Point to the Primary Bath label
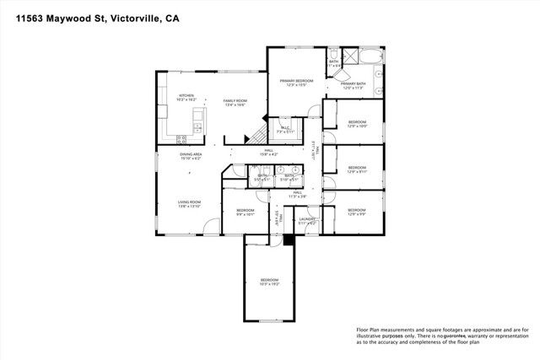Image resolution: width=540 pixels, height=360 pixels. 353,85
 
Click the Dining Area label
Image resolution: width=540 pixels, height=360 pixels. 190,156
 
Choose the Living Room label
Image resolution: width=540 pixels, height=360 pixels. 189,204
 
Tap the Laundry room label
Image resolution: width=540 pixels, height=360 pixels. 308,221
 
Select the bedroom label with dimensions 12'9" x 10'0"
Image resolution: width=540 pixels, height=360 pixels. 357,124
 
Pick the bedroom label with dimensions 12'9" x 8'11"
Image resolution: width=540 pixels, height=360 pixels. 357,169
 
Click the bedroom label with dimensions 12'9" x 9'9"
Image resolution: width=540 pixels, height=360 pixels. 357,212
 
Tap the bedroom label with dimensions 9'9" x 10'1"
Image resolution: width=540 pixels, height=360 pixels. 246,212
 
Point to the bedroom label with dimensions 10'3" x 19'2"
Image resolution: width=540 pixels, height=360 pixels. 269,282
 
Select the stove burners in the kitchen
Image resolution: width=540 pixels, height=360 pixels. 197,128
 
